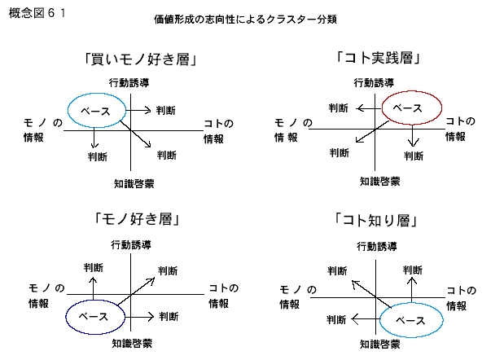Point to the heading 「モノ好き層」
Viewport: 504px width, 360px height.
pyautogui.click(x=137, y=219)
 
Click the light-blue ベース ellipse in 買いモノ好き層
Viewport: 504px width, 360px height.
pyautogui.click(x=95, y=109)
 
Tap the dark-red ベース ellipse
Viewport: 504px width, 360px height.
pyautogui.click(x=411, y=108)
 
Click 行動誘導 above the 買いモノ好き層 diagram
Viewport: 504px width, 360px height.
pyautogui.click(x=130, y=83)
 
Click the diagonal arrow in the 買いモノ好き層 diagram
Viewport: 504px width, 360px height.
pyautogui.click(x=138, y=133)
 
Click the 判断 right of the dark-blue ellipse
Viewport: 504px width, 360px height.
pyautogui.click(x=169, y=316)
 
